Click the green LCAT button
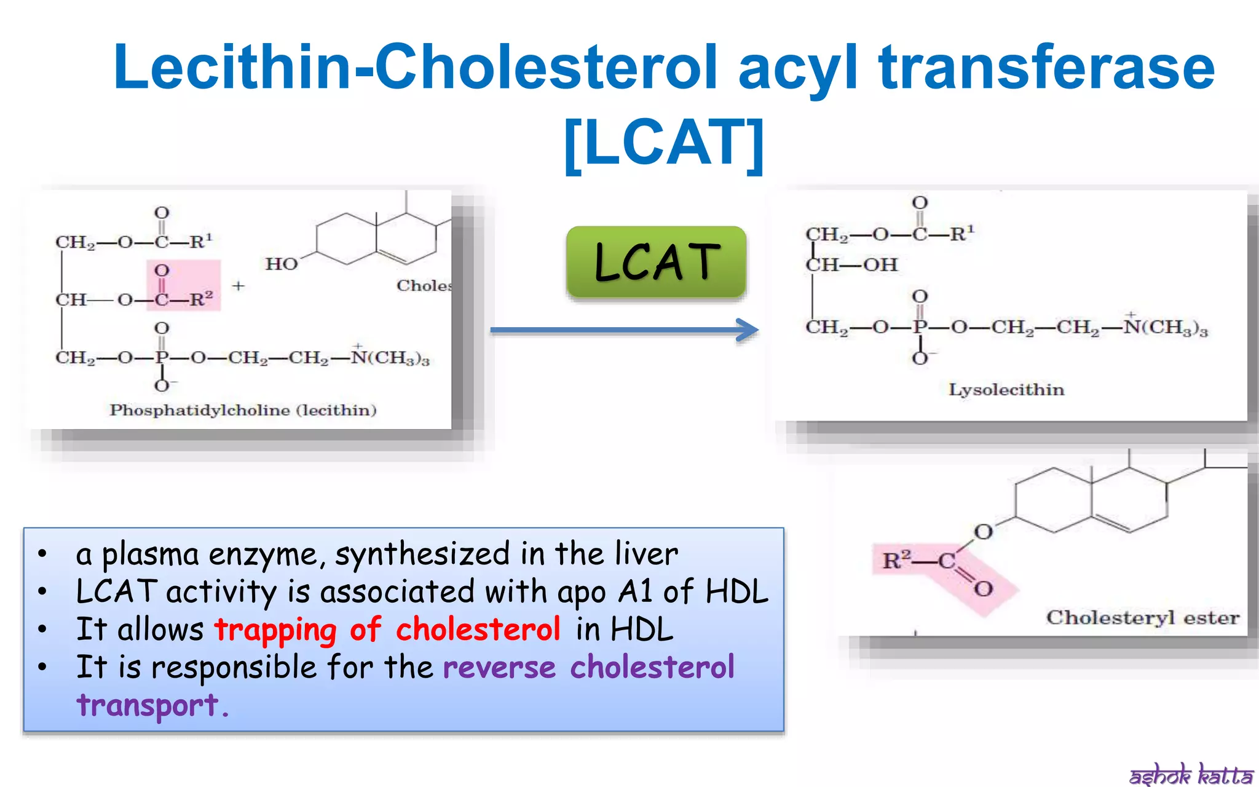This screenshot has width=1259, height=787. pyautogui.click(x=656, y=262)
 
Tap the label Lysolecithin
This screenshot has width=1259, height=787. pyautogui.click(x=1006, y=390)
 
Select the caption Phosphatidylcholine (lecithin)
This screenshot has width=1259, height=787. pyautogui.click(x=243, y=410)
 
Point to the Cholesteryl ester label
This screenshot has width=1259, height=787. pyautogui.click(x=1143, y=617)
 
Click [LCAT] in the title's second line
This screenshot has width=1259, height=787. pyautogui.click(x=664, y=143)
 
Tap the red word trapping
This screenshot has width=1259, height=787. pyautogui.click(x=275, y=630)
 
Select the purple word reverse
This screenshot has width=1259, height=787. pyautogui.click(x=499, y=668)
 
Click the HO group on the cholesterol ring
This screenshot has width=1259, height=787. pyautogui.click(x=282, y=264)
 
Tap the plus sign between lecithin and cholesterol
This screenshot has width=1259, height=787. pyautogui.click(x=238, y=286)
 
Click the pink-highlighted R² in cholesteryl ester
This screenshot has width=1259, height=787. pyautogui.click(x=896, y=560)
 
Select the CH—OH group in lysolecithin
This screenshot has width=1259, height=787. pyautogui.click(x=852, y=265)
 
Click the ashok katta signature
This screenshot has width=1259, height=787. pyautogui.click(x=1191, y=775)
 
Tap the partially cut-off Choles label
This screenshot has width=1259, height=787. pyautogui.click(x=424, y=286)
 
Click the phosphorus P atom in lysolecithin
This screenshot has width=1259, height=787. pyautogui.click(x=920, y=327)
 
